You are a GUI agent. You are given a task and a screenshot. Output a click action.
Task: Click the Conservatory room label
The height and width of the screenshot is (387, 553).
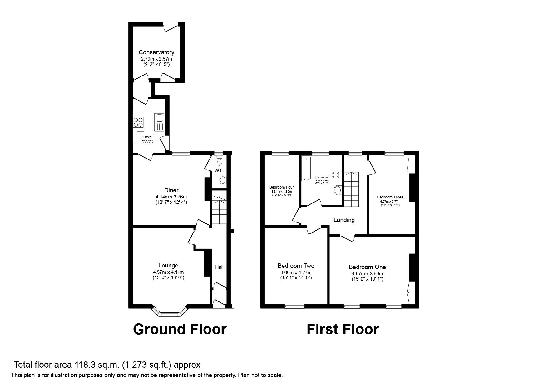click(156, 52)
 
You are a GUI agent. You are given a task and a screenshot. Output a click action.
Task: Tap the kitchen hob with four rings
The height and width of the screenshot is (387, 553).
click(138, 122)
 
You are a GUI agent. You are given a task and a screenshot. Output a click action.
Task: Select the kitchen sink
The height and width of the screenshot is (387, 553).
click(159, 118)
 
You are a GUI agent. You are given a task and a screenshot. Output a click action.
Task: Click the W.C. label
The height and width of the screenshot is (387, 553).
click(219, 171)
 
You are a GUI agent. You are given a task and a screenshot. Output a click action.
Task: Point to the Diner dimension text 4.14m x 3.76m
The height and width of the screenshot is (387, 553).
click(171, 197)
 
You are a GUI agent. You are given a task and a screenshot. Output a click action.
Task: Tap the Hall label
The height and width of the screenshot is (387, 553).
click(219, 267)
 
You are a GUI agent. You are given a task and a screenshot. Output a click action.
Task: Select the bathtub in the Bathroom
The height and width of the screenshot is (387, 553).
click(306, 169)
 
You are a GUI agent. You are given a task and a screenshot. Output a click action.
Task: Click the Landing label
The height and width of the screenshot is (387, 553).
click(344, 220)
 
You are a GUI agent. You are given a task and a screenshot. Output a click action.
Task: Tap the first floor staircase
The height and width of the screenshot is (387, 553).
click(352, 189)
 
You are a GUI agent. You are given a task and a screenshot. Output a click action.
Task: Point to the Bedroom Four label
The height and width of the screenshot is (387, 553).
click(281, 187)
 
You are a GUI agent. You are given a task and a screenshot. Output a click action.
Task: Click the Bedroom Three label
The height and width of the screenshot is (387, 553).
click(390, 197)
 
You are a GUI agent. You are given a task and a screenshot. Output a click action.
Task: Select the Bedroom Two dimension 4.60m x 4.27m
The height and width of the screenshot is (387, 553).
click(296, 272)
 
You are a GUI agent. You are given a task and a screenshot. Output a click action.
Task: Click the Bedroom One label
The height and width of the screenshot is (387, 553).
click(367, 267)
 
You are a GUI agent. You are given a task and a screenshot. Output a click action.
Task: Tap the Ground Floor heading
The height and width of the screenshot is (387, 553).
click(180, 329)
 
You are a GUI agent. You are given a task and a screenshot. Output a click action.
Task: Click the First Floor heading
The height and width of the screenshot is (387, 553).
click(343, 329)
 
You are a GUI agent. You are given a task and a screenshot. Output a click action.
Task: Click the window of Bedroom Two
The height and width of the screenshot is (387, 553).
click(294, 306)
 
